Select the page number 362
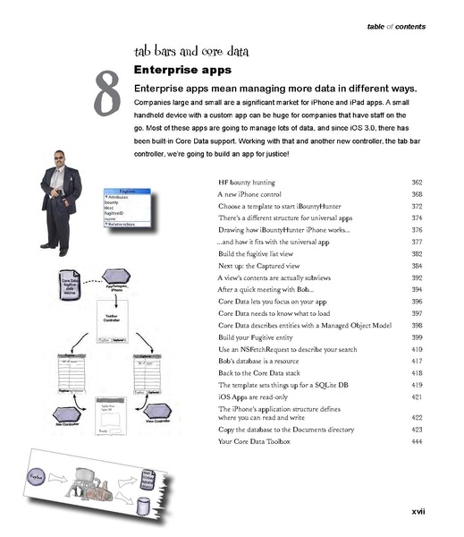pyautogui.click(x=417, y=182)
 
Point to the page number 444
pyautogui.click(x=417, y=441)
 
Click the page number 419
pyautogui.click(x=417, y=383)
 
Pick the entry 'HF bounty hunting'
pyautogui.click(x=248, y=182)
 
